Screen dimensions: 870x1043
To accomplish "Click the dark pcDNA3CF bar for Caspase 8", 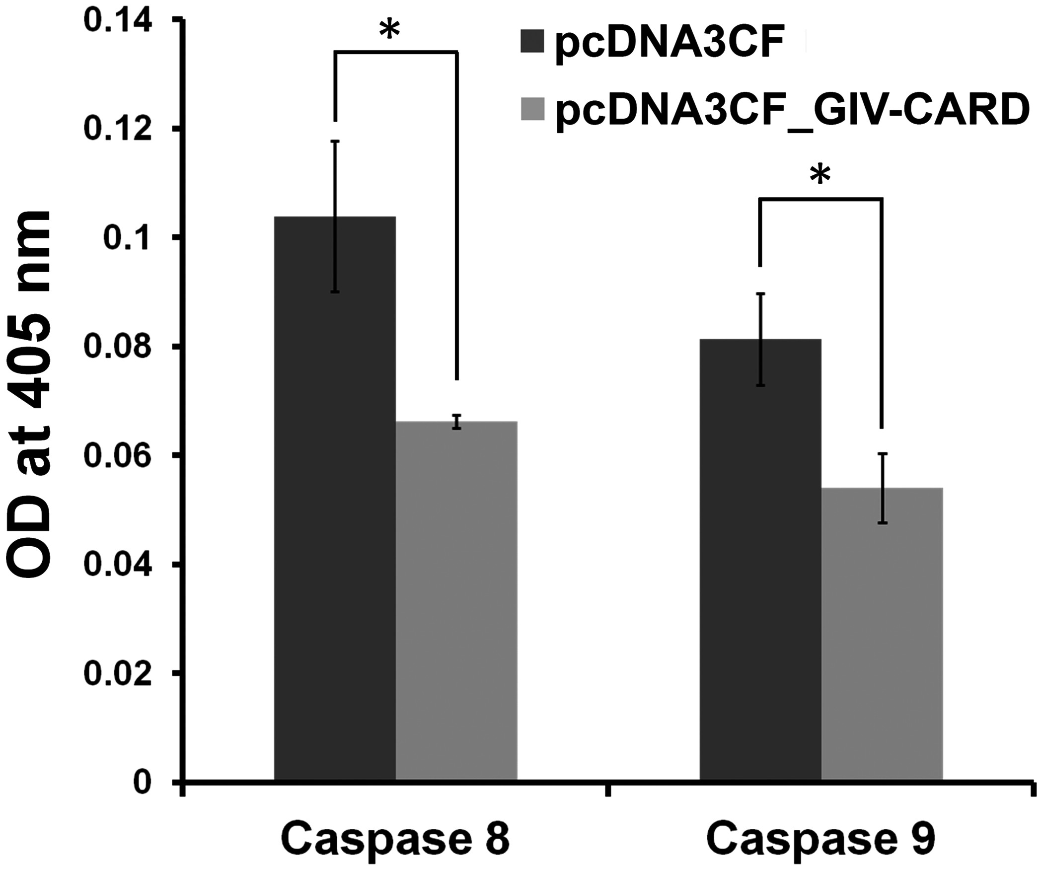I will (335, 497).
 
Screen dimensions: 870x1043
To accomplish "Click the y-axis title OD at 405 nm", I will (30, 395).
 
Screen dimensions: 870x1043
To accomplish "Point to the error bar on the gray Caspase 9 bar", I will (882, 488).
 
